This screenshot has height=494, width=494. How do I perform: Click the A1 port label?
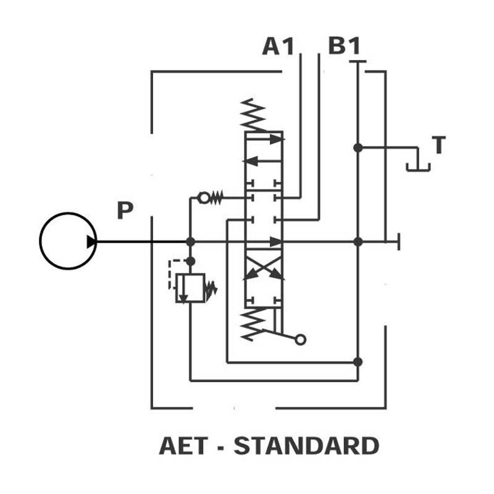[x=278, y=46]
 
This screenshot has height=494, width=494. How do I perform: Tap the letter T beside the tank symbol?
[x=439, y=144]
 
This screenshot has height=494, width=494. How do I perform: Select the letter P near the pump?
[x=125, y=210]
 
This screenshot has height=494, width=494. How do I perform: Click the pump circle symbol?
[x=40, y=241]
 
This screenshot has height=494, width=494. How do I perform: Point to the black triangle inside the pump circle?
[x=91, y=241]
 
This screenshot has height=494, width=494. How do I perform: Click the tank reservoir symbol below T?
[x=418, y=167]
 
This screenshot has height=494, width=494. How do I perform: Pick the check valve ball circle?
[x=204, y=198]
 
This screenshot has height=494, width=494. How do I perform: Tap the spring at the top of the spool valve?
[x=253, y=115]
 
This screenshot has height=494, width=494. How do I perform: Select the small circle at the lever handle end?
[x=300, y=340]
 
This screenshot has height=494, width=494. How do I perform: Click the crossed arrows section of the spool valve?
[x=264, y=268]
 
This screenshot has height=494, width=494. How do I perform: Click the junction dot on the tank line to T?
[x=358, y=148]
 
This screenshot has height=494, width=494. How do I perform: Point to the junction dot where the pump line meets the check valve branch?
[x=190, y=241]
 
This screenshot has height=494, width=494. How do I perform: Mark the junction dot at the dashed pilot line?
[x=190, y=261]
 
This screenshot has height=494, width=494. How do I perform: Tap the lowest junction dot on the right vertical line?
[x=358, y=362]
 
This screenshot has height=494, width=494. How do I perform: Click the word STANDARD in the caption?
[x=306, y=446]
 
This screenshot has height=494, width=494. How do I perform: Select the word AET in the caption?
[x=183, y=446]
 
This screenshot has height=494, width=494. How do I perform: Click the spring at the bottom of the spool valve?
[x=253, y=325]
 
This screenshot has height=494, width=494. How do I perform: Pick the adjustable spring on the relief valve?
[x=211, y=289]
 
